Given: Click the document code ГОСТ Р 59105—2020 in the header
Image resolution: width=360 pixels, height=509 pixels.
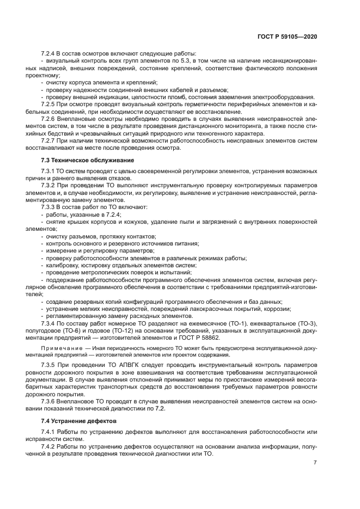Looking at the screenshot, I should [x=287, y=36].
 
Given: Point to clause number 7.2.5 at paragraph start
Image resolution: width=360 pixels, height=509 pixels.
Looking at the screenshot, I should [x=50, y=103].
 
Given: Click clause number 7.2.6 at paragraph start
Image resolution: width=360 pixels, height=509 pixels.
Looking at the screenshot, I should [x=50, y=118].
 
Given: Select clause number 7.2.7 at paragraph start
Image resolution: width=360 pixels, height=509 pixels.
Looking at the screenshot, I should [x=50, y=140].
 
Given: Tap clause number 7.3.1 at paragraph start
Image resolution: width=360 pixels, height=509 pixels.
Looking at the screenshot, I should [x=50, y=171].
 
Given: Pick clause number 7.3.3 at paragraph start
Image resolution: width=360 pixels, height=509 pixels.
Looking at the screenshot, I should [x=50, y=207].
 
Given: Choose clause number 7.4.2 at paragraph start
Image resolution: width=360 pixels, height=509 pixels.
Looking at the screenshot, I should [x=50, y=447].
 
